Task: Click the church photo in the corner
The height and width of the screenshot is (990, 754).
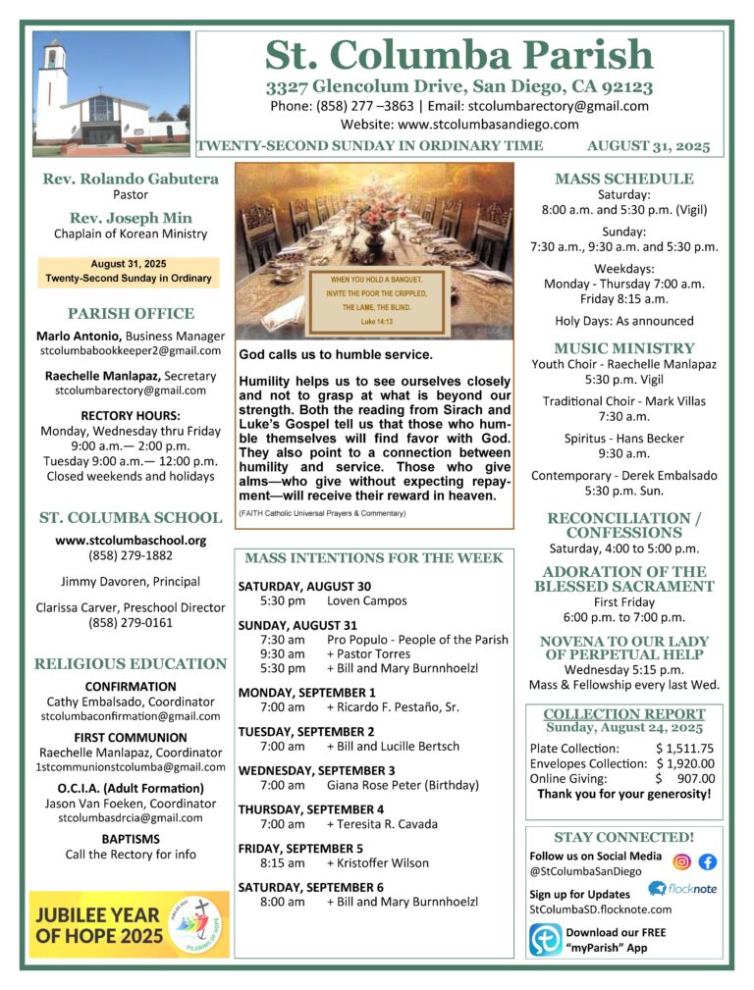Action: pos(111,93)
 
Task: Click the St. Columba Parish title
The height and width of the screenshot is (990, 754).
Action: pos(458,54)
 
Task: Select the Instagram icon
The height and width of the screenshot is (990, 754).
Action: pos(681,862)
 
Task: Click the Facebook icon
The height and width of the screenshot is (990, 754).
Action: pos(707,862)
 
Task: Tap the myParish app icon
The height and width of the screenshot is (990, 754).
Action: pos(545,939)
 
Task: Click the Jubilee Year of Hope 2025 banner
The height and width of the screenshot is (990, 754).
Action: pos(129,923)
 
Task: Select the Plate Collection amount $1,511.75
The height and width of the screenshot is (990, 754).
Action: pos(684,749)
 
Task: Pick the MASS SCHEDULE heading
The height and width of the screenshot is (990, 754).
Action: pos(623,179)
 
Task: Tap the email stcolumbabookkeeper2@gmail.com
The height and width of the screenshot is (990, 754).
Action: pos(131,350)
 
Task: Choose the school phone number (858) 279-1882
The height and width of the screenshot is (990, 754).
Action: pos(131,555)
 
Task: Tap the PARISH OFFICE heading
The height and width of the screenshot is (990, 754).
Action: pos(131,314)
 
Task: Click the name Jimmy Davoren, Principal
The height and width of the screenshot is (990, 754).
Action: pos(131,581)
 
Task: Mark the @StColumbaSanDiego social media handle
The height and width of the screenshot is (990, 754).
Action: pos(585,870)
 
